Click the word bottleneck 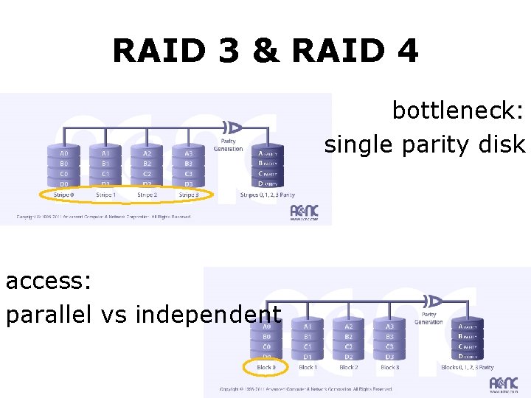[458, 111]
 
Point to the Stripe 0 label [63, 195]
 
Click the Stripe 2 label [147, 195]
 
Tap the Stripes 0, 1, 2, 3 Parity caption [268, 195]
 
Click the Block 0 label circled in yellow [265, 367]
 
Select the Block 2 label [348, 367]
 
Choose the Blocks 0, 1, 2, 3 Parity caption [468, 367]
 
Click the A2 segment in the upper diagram [147, 154]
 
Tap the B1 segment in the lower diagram [308, 336]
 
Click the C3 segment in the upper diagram [188, 174]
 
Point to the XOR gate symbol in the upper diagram [234, 126]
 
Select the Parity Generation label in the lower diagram [428, 318]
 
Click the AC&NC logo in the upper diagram [305, 212]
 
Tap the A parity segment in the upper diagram [268, 154]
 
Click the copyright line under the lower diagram [306, 389]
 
